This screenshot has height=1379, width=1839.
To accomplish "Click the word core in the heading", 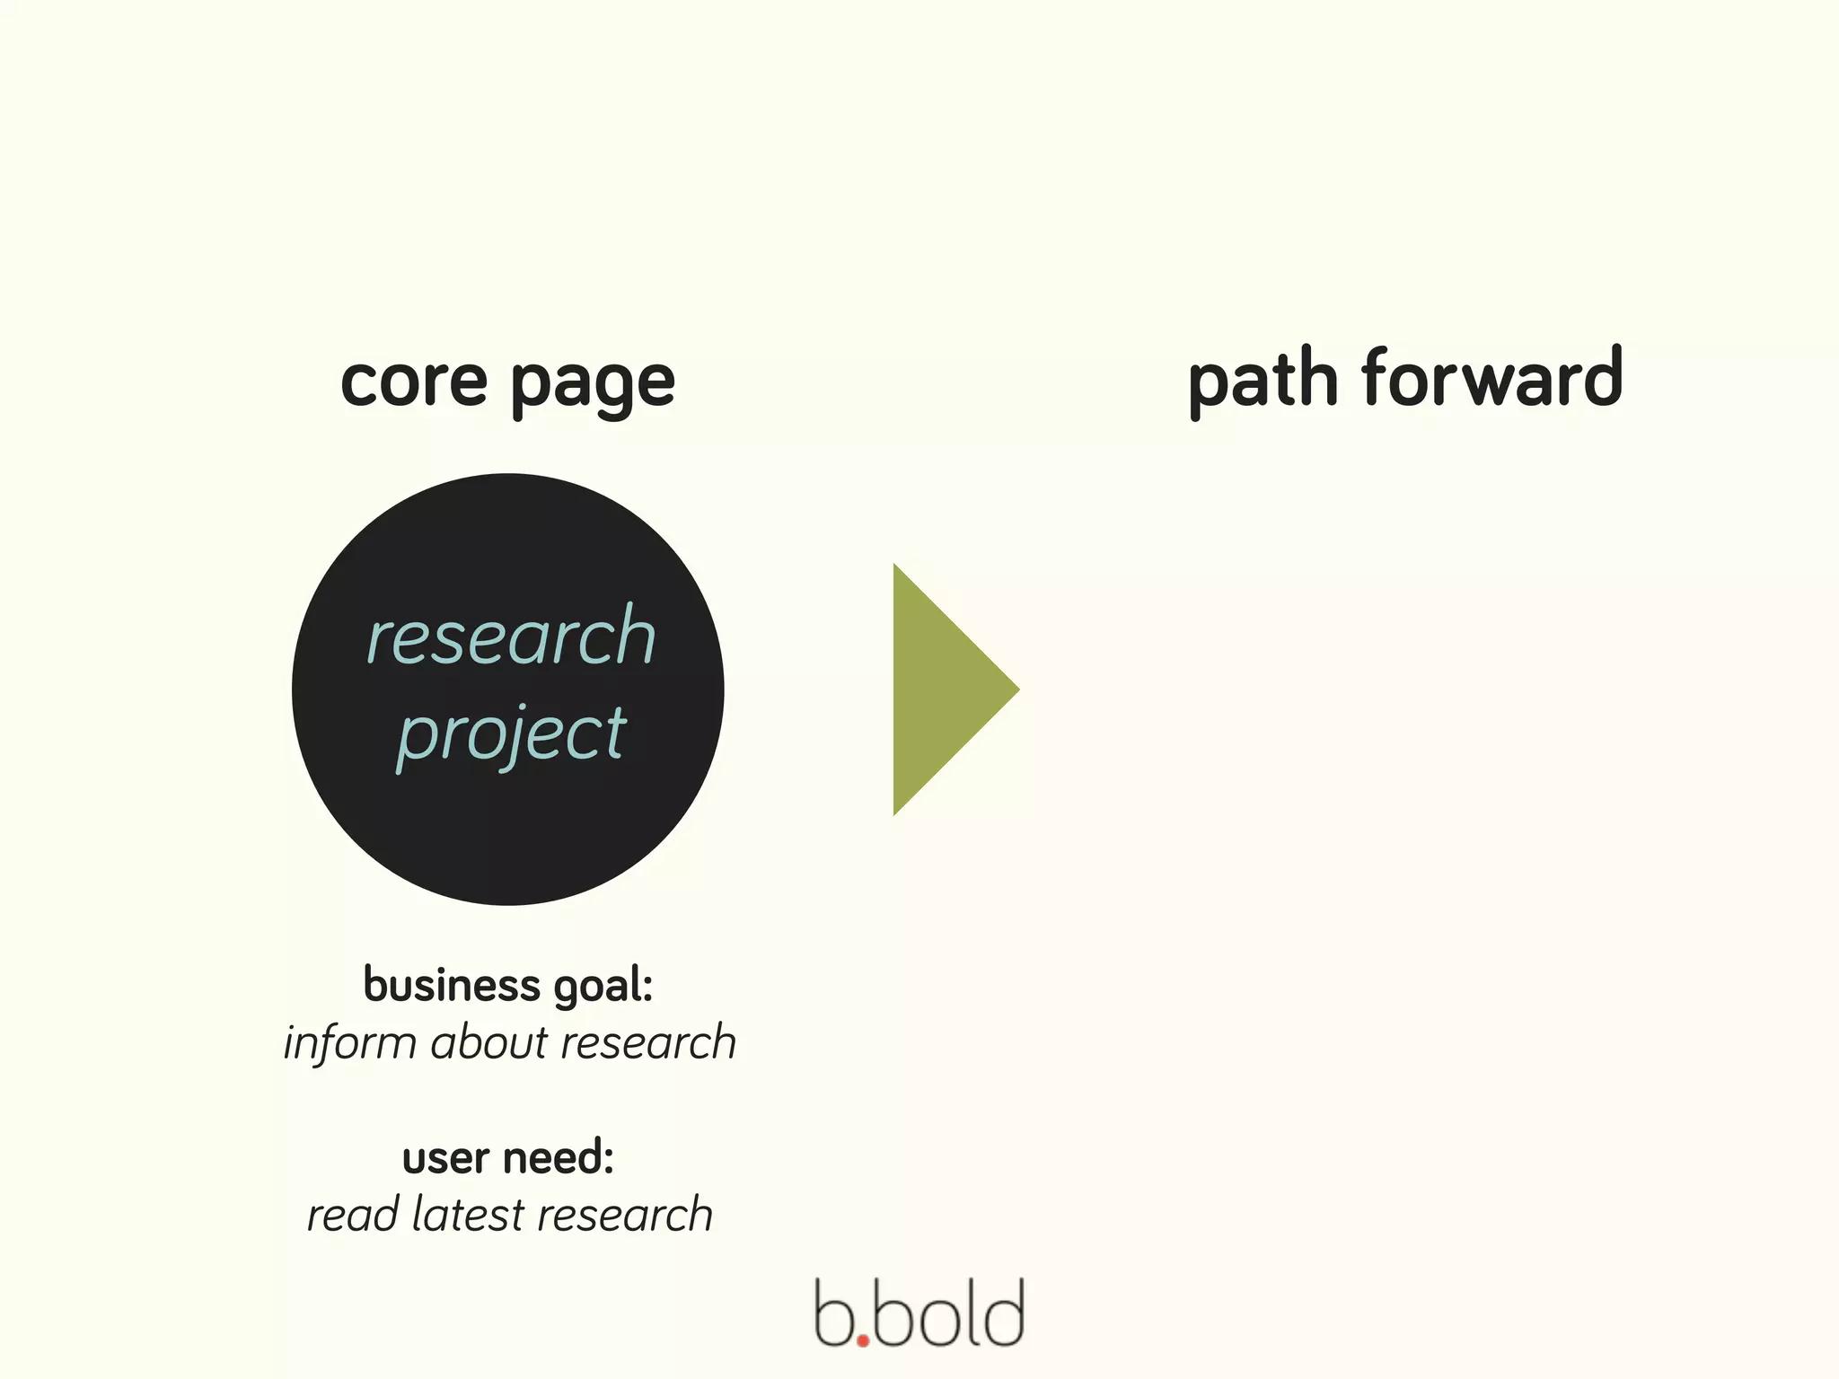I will pos(414,381).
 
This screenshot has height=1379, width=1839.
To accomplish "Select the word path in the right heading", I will pos(1263,381).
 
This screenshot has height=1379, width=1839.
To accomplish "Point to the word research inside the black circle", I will pos(511,637).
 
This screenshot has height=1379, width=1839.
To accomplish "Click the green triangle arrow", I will pos(943,689).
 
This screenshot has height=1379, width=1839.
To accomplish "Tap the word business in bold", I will pos(452,985).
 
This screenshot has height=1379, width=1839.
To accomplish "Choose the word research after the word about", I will pos(648,1043).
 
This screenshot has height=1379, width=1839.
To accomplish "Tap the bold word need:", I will pos(563,1158).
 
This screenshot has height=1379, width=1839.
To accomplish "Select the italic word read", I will pos(353,1215).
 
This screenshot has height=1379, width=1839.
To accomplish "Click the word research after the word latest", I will pos(625,1215).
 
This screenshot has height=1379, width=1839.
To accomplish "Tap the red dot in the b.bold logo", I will pos(863,1341).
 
